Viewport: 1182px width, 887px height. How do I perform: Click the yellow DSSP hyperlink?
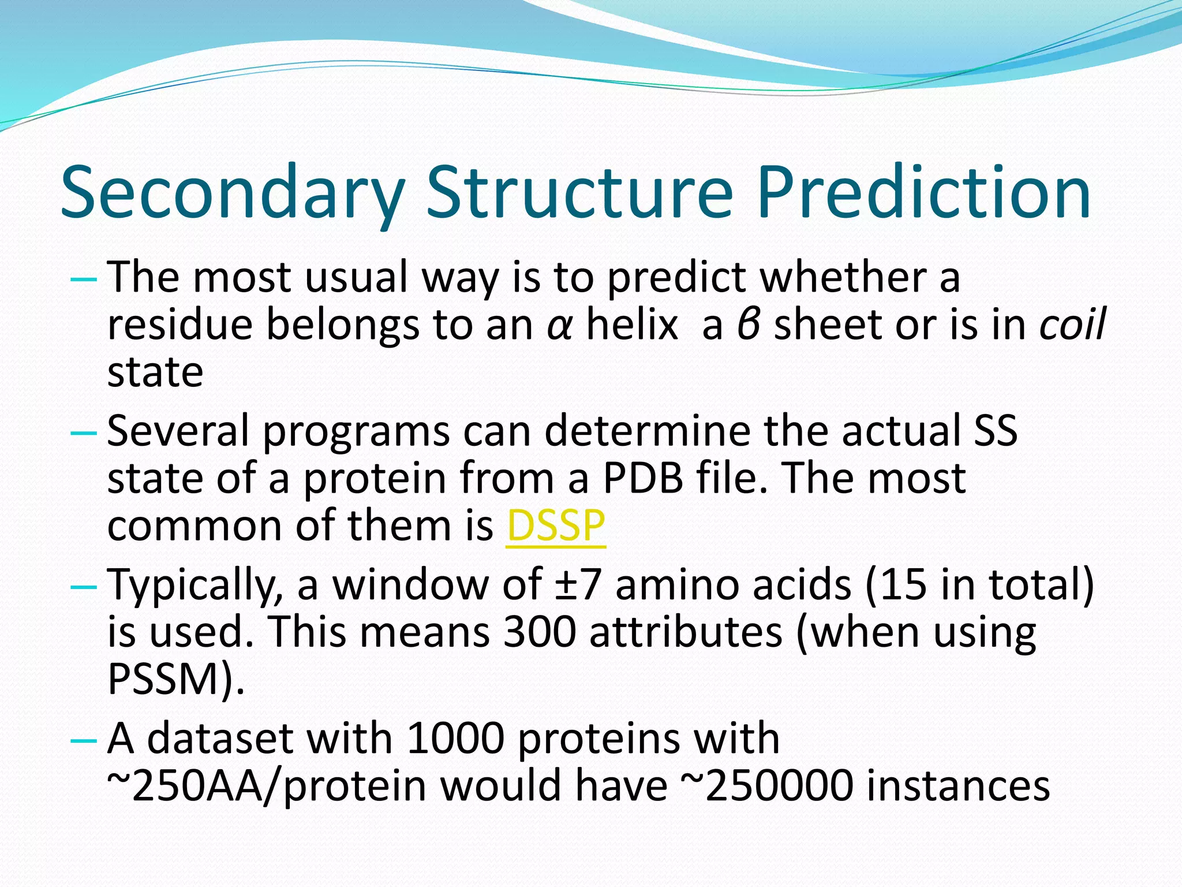pyautogui.click(x=555, y=526)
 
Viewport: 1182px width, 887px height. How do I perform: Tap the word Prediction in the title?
pyautogui.click(x=923, y=192)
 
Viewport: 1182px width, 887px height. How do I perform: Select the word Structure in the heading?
pyautogui.click(x=579, y=192)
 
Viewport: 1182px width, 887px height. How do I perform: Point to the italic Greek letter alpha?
pyautogui.click(x=559, y=326)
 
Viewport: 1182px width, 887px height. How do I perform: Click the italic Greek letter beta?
pyautogui.click(x=748, y=325)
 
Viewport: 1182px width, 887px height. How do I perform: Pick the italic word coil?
pyautogui.click(x=1072, y=325)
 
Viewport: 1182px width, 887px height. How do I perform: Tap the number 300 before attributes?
pyautogui.click(x=539, y=632)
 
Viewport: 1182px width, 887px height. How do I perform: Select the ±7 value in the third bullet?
pyautogui.click(x=578, y=584)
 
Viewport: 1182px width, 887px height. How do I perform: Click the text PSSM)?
pyautogui.click(x=176, y=679)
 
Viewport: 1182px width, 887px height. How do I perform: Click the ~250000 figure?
pyautogui.click(x=767, y=786)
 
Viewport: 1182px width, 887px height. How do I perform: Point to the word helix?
pyautogui.click(x=632, y=325)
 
